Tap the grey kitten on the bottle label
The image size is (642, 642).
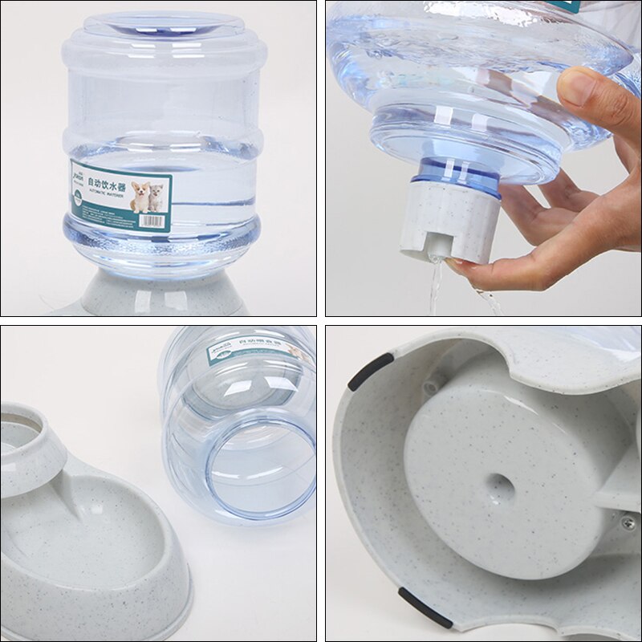157,197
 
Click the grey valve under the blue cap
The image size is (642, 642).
449,226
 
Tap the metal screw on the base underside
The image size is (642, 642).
628,522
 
